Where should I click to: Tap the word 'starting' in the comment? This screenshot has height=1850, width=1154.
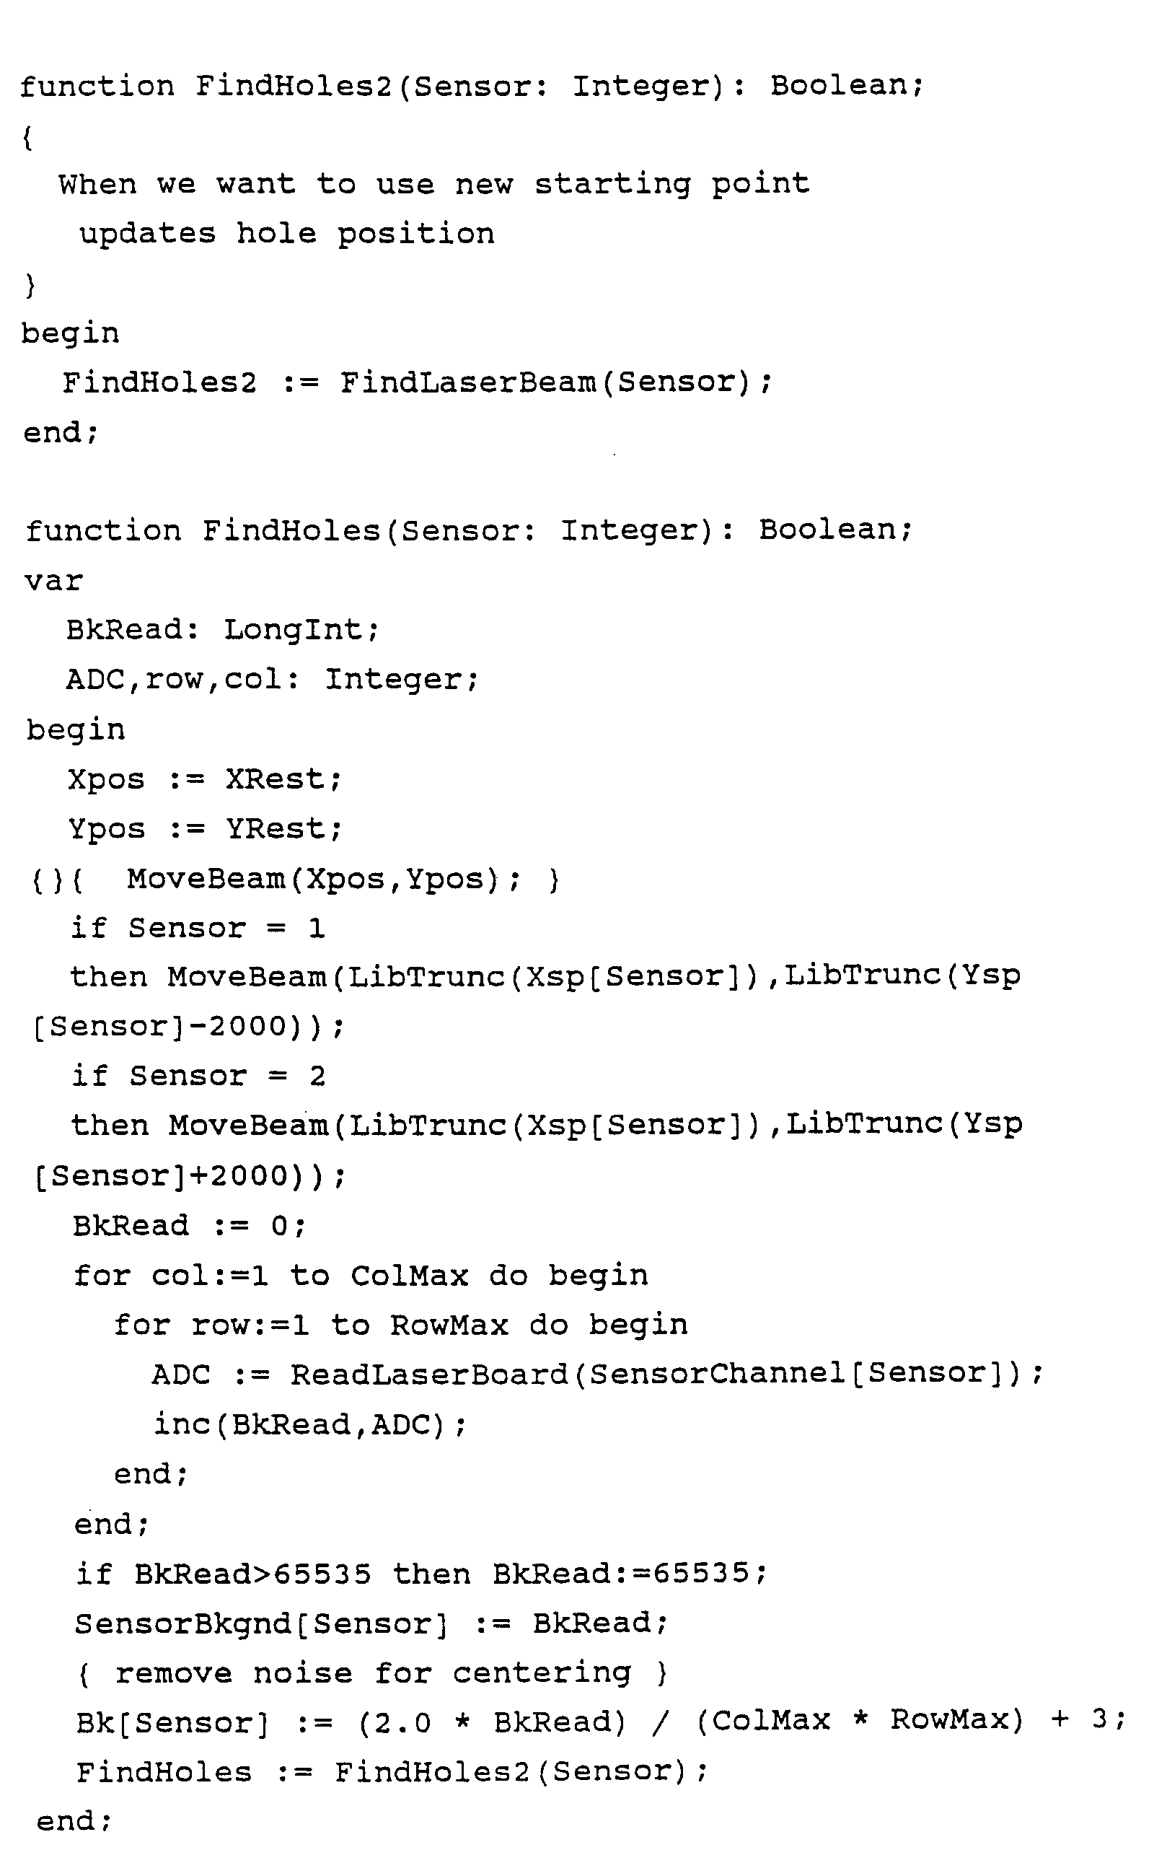612,184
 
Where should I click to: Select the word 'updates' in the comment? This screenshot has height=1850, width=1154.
147,234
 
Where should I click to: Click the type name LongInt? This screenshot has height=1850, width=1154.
293,630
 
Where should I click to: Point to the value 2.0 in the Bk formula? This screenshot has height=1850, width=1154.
402,1723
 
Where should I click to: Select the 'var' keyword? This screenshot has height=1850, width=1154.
53,581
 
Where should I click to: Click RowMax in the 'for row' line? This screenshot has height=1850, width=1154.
449,1325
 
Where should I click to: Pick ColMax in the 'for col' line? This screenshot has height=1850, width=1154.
409,1276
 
